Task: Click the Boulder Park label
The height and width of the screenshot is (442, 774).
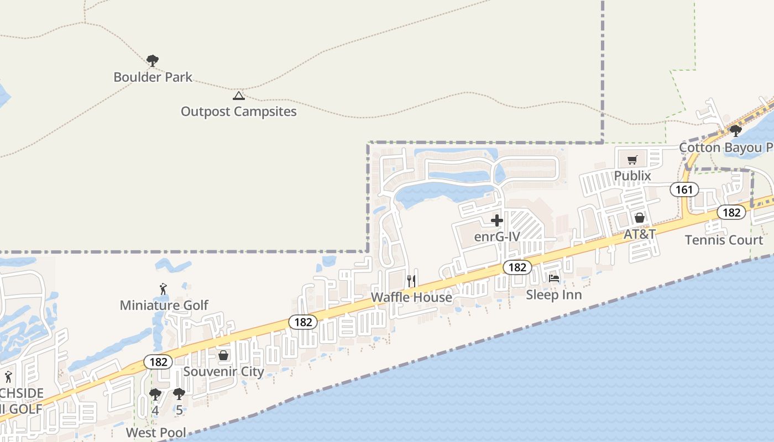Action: click(x=153, y=77)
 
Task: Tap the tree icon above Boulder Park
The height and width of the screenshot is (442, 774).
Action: click(x=153, y=60)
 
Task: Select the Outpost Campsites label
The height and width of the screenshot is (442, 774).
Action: click(x=239, y=112)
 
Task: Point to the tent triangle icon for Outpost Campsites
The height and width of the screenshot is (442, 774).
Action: click(x=239, y=96)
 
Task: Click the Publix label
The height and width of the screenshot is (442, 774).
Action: click(x=632, y=176)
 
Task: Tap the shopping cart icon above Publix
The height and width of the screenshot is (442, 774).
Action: click(x=632, y=160)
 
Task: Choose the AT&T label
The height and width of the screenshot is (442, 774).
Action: click(x=640, y=234)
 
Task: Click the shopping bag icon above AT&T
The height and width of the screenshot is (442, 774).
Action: click(x=640, y=218)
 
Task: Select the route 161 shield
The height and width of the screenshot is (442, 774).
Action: click(x=684, y=190)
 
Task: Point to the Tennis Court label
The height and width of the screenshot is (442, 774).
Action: click(x=724, y=240)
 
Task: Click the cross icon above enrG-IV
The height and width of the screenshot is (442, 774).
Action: click(x=497, y=220)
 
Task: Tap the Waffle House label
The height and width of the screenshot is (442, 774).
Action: click(x=411, y=297)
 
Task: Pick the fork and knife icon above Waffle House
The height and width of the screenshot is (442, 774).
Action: click(x=411, y=281)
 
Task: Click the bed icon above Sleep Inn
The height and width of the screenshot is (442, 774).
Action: click(x=554, y=278)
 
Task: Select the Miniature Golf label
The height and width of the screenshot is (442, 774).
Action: click(x=164, y=305)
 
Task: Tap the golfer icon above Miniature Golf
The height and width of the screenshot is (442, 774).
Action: click(x=163, y=289)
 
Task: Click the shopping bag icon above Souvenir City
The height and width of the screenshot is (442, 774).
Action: click(x=223, y=355)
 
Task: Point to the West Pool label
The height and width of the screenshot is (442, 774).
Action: click(x=156, y=432)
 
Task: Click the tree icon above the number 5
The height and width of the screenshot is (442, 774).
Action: click(x=179, y=394)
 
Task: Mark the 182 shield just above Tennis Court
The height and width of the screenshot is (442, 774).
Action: click(x=731, y=212)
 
